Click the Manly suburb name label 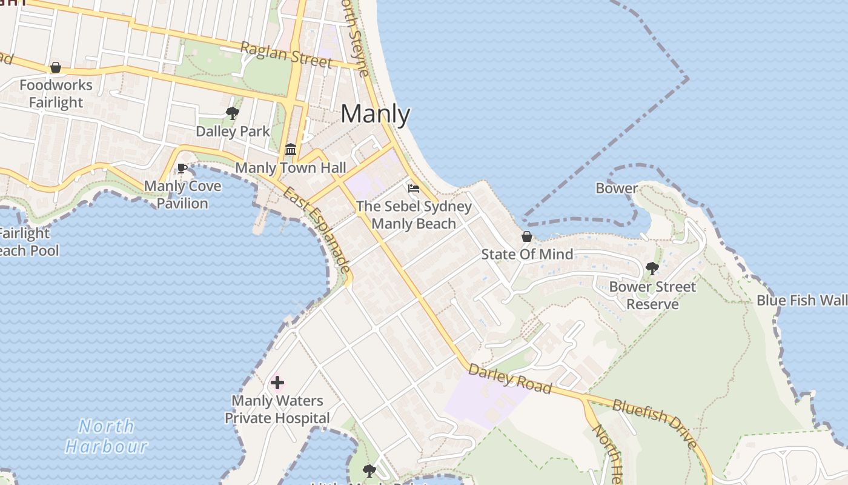(375, 114)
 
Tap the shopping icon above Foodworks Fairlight (56, 67)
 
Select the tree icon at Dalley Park (232, 113)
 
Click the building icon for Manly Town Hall (291, 149)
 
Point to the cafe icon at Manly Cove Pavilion (182, 168)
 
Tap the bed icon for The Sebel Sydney (414, 188)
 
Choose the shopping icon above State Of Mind (527, 236)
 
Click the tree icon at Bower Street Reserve (652, 268)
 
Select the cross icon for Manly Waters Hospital (277, 383)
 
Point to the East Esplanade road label (317, 230)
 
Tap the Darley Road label (510, 378)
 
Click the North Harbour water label (107, 436)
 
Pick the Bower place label (617, 188)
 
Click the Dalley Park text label (233, 131)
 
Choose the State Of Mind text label (527, 254)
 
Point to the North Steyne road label (354, 39)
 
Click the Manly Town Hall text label (291, 168)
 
